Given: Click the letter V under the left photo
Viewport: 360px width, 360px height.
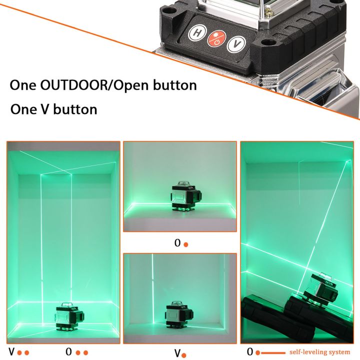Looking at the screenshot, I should (10, 351).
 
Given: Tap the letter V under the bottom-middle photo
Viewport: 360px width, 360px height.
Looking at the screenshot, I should (177, 353).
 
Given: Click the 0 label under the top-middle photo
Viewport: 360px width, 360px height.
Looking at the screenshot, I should (177, 243).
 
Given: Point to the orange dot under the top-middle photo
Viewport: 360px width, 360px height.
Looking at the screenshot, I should (185, 244).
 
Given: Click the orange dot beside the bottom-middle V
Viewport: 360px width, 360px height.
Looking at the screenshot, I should (184, 355).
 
